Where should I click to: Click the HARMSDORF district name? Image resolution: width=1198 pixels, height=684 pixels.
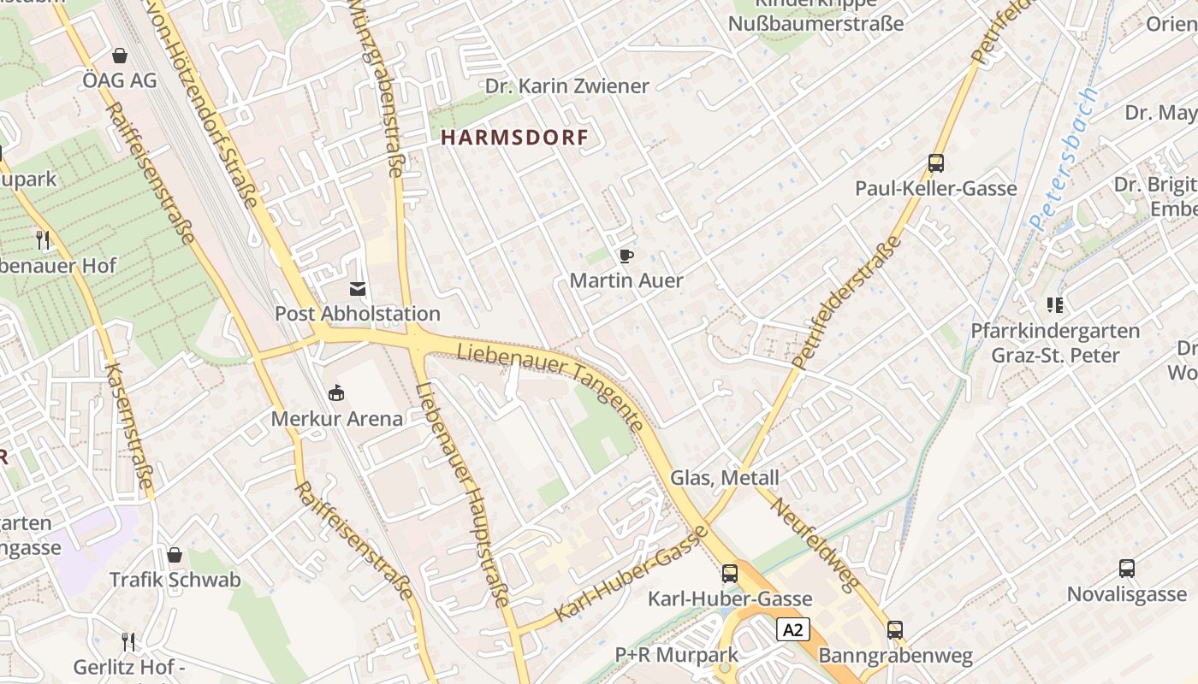(x=514, y=138)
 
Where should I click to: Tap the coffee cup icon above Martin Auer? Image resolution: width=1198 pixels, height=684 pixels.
(x=626, y=256)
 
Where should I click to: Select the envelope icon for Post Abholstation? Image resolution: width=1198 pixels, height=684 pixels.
(x=358, y=289)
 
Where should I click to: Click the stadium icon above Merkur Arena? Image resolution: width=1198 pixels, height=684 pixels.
(x=336, y=393)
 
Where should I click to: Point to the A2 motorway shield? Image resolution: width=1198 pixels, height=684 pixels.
(x=793, y=630)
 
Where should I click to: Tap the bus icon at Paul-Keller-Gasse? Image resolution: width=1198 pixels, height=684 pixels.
(x=936, y=163)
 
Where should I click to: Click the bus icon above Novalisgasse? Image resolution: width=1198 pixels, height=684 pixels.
(x=1127, y=569)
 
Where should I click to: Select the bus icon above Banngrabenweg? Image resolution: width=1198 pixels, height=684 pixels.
(x=895, y=630)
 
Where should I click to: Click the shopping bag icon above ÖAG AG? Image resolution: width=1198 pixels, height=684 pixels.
(x=120, y=56)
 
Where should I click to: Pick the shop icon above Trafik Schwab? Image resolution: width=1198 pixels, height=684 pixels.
(x=175, y=555)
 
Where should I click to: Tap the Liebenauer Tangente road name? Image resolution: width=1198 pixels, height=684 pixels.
(x=551, y=386)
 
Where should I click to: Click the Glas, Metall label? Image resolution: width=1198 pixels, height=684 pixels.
(x=725, y=478)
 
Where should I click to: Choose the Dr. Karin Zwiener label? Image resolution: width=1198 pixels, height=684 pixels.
(x=566, y=86)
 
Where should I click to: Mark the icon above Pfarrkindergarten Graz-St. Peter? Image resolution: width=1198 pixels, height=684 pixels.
(x=1054, y=305)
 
